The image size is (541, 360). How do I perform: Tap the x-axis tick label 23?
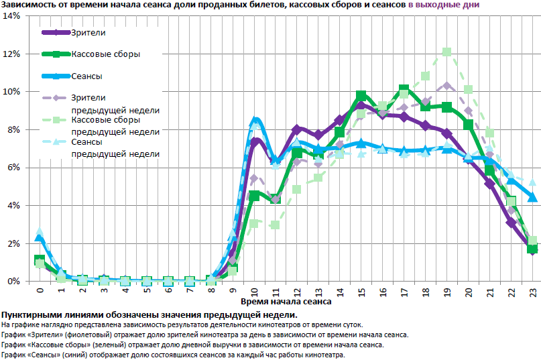click(532, 292)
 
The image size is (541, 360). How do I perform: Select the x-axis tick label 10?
click(254, 292)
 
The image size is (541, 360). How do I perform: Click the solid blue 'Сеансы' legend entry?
click(86, 76)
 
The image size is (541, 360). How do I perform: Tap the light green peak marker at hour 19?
click(446, 52)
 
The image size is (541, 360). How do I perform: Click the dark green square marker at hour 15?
click(361, 96)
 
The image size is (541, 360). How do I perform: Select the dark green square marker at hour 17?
click(404, 90)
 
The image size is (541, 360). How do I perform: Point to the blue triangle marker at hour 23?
click(532, 197)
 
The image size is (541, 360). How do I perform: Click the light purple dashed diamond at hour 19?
click(446, 86)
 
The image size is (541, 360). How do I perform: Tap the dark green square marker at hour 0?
click(40, 260)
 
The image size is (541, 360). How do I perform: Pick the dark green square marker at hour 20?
click(468, 124)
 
